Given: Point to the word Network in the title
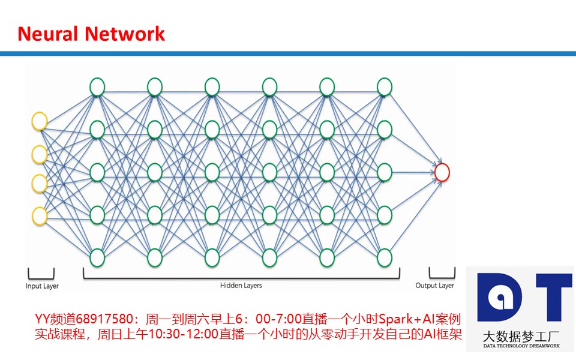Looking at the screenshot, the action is click(125, 34).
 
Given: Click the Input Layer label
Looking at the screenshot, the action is click(42, 286).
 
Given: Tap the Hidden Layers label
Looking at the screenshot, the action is click(241, 286).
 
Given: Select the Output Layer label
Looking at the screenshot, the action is click(434, 286).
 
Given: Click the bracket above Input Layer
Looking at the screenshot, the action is click(41, 278).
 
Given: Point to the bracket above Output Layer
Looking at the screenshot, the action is click(442, 278).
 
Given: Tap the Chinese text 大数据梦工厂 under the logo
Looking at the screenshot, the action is click(521, 336).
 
